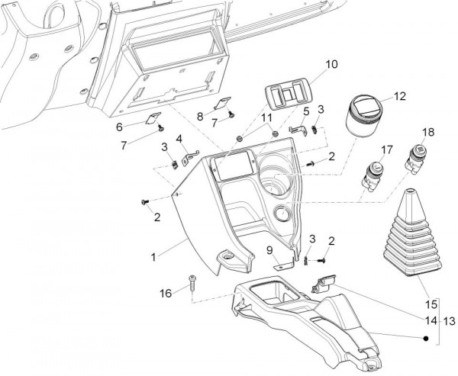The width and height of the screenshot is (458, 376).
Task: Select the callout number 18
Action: [x=427, y=133]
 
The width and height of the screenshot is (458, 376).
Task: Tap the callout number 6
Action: [x=119, y=127]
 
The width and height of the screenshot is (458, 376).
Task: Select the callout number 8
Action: [x=201, y=116]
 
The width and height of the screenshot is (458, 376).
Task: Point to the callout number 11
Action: [x=266, y=117]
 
